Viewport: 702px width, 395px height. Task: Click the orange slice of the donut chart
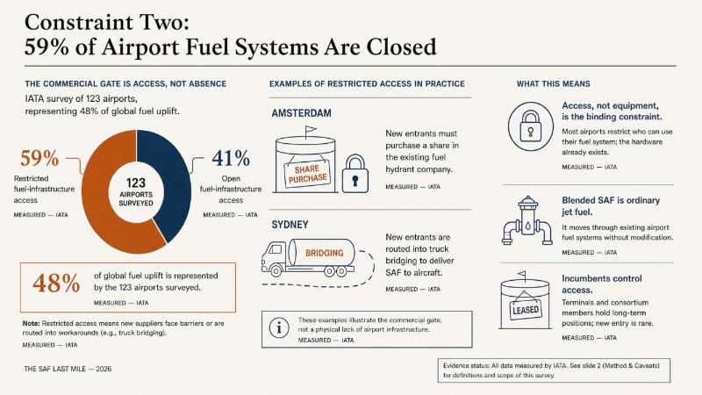101,202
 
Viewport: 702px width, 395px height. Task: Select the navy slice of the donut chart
172,179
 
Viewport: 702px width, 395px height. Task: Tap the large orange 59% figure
39,158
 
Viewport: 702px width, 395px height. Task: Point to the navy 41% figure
231,158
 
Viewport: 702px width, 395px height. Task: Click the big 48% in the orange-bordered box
56,284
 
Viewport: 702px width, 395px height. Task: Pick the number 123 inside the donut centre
136,183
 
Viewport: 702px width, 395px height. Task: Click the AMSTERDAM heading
301,113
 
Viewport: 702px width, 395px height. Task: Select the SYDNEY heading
290,225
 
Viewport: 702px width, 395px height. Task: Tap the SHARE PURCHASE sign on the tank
307,174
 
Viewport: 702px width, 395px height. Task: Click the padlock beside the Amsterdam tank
355,174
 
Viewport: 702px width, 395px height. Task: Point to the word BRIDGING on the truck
325,253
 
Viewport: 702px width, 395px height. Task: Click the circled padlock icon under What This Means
531,126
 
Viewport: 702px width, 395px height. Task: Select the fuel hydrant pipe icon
527,220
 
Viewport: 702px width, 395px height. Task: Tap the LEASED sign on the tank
526,310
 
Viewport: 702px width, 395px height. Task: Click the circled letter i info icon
279,328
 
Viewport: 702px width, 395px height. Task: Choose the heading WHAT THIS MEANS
554,83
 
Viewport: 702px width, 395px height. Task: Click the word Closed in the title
401,47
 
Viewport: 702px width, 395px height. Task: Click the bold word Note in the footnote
32,323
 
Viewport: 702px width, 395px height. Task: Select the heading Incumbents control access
602,284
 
